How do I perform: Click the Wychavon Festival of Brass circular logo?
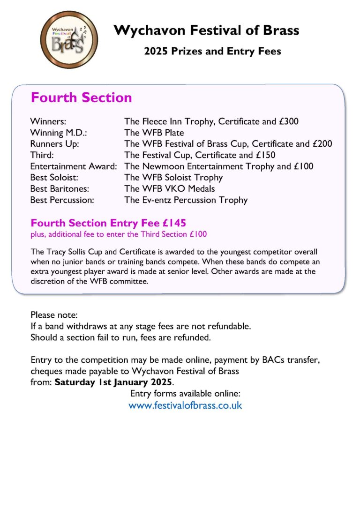pyautogui.click(x=69, y=40)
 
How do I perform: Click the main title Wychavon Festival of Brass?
pyautogui.click(x=206, y=31)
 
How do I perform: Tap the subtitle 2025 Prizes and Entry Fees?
pyautogui.click(x=212, y=51)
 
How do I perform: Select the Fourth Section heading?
pyautogui.click(x=81, y=97)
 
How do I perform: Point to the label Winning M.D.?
pyautogui.click(x=55, y=133)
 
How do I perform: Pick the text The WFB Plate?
pyautogui.click(x=154, y=133)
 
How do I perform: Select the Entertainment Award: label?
pyautogui.click(x=74, y=166)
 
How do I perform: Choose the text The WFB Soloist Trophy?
pyautogui.click(x=173, y=178)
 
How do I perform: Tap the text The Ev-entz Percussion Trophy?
pyautogui.click(x=186, y=200)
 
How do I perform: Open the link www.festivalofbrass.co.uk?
pyautogui.click(x=185, y=405)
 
